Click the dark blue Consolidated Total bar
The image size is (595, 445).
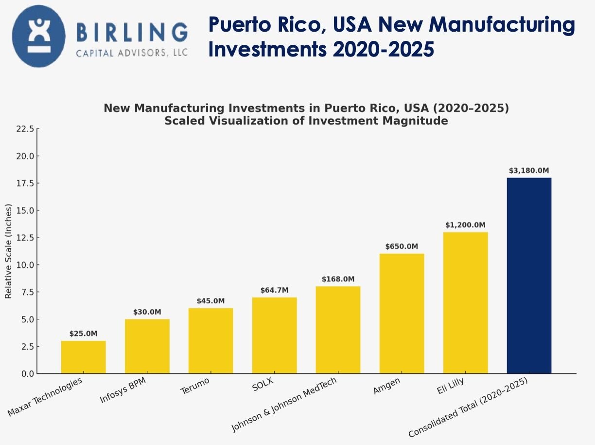(529, 276)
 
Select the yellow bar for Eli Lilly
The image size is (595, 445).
(465, 302)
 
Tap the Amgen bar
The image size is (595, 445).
(402, 314)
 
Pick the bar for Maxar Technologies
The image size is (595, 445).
(83, 357)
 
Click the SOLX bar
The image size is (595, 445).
(274, 335)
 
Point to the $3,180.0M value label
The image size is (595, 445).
(529, 171)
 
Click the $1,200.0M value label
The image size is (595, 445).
(465, 225)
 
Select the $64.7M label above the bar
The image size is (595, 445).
(274, 290)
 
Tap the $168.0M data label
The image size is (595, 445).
(338, 279)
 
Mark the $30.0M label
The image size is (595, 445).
(147, 312)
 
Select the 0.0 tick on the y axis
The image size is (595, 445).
(26, 374)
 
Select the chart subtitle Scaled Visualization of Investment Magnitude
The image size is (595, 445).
(306, 121)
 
